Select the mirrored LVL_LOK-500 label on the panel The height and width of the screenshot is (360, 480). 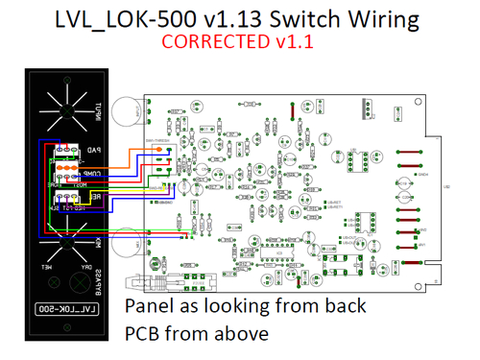(x=62, y=309)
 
